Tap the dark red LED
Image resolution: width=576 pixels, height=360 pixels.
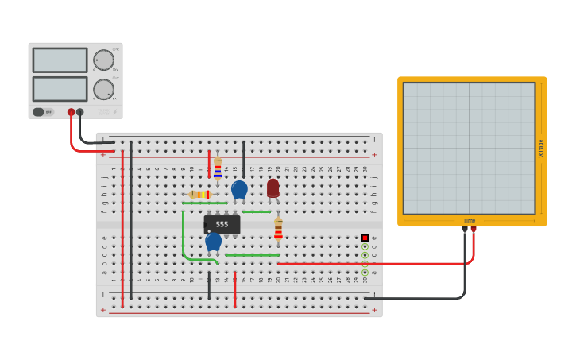click(273, 188)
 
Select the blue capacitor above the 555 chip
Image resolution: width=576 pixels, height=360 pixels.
click(239, 189)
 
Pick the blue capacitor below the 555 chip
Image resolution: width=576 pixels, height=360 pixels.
click(213, 241)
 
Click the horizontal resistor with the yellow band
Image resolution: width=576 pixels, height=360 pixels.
click(201, 194)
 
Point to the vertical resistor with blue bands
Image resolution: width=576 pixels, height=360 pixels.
click(218, 168)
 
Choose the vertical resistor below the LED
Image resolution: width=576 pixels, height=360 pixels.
click(278, 228)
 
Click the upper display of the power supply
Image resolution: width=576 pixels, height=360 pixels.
click(60, 60)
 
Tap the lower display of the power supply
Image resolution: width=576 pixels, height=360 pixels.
click(60, 88)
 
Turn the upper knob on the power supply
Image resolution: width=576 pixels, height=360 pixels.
click(103, 60)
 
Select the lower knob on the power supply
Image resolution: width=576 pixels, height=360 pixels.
click(103, 89)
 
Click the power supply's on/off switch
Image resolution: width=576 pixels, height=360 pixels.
click(39, 112)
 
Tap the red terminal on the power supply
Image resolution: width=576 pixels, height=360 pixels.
click(71, 112)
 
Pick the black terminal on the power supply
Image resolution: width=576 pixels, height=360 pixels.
click(79, 112)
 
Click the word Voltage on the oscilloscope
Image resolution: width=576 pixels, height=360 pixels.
click(541, 149)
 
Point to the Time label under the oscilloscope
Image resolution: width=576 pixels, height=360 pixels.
click(469, 220)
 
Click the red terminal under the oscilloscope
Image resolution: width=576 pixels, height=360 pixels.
click(474, 230)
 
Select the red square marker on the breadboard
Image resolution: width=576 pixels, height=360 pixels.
click(365, 238)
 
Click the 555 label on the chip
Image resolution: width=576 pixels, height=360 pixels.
click(222, 225)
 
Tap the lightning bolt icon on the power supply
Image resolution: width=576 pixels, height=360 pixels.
click(114, 112)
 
